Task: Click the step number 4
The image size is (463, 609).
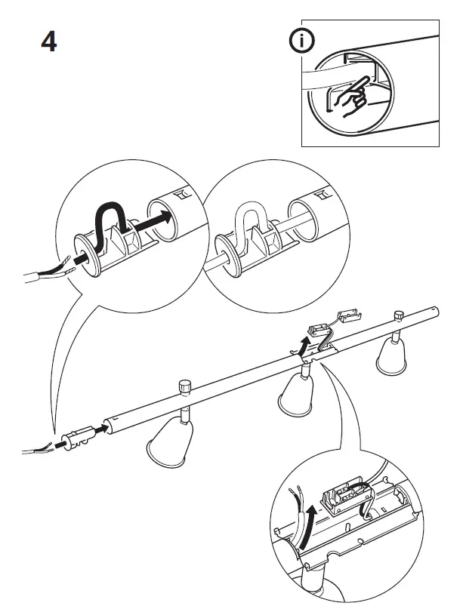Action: (48, 42)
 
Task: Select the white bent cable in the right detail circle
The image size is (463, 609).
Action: (248, 220)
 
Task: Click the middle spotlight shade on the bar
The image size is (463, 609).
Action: (295, 395)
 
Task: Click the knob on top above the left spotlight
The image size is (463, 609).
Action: (184, 387)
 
